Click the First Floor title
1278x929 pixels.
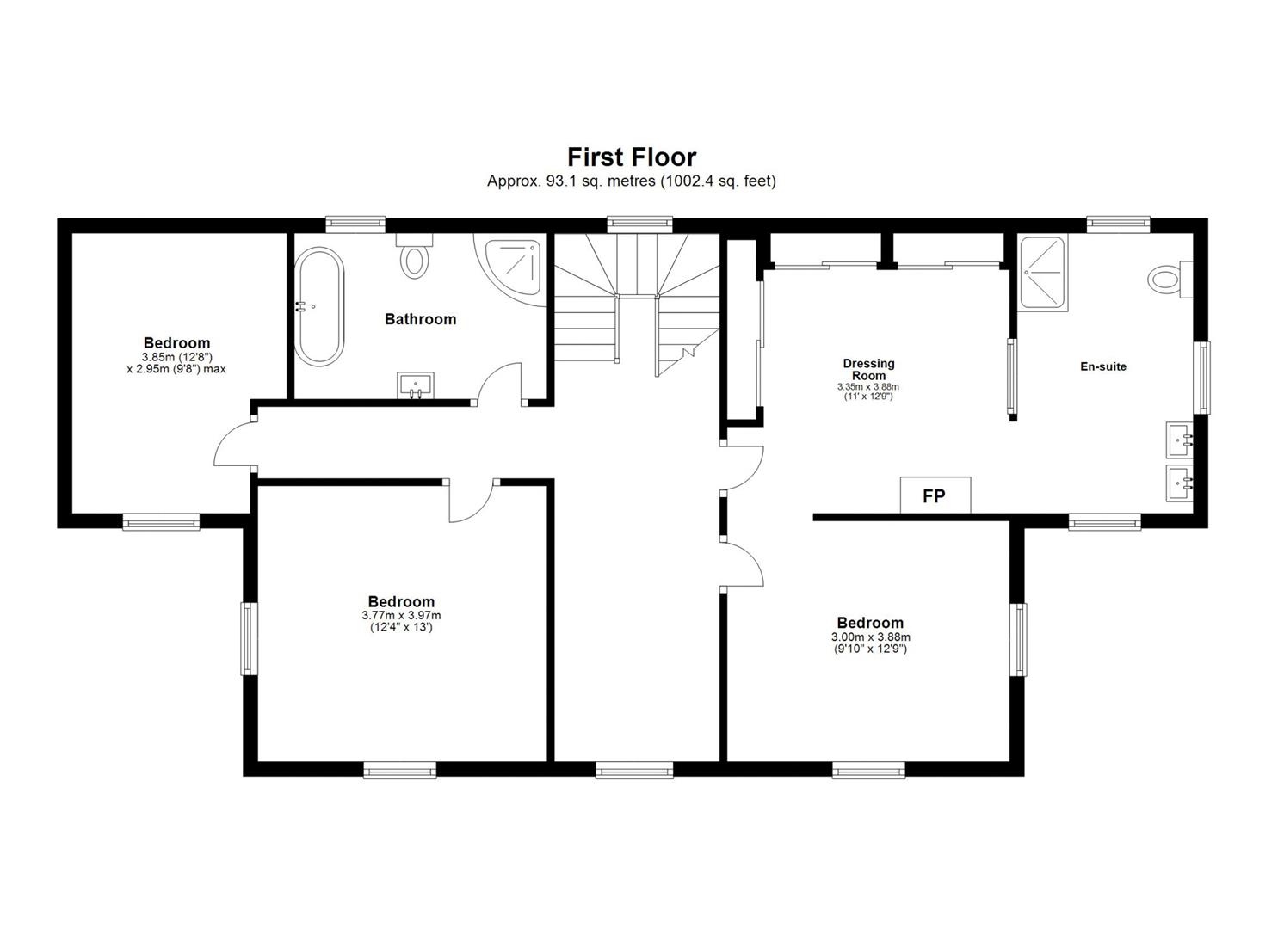pyautogui.click(x=632, y=157)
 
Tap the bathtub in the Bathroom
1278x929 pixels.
pyautogui.click(x=319, y=306)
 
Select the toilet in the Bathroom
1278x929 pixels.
pyautogui.click(x=415, y=256)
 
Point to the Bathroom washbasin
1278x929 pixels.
pyautogui.click(x=416, y=385)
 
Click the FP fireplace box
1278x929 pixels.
pyautogui.click(x=935, y=495)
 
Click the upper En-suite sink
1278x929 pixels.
pyautogui.click(x=1179, y=440)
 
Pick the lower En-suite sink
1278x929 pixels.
pyautogui.click(x=1179, y=483)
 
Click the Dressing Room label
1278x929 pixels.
pyautogui.click(x=869, y=369)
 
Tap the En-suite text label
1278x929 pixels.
pyautogui.click(x=1103, y=366)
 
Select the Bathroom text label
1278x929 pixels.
pyautogui.click(x=421, y=319)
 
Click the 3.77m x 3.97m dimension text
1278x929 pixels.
pyautogui.click(x=401, y=615)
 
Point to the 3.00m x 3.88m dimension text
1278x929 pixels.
pyautogui.click(x=871, y=637)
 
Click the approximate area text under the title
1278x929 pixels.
pyautogui.click(x=632, y=181)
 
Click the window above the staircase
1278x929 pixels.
pyautogui.click(x=640, y=225)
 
